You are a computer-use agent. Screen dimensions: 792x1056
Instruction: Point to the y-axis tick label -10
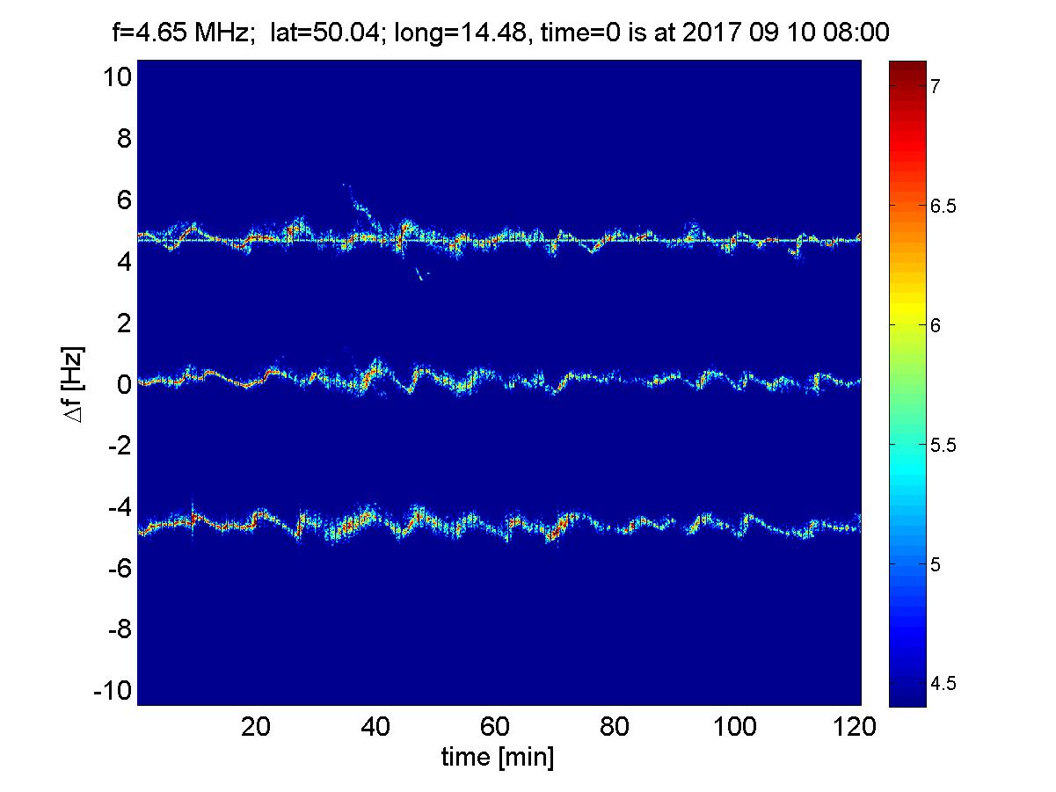tap(112, 690)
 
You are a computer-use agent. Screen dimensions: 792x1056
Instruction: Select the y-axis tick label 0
tap(124, 384)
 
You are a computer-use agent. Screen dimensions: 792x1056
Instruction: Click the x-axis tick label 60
tap(497, 728)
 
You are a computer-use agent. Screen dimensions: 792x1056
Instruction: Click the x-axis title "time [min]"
tap(498, 758)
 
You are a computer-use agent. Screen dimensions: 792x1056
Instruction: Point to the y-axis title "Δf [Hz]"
tap(75, 383)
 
